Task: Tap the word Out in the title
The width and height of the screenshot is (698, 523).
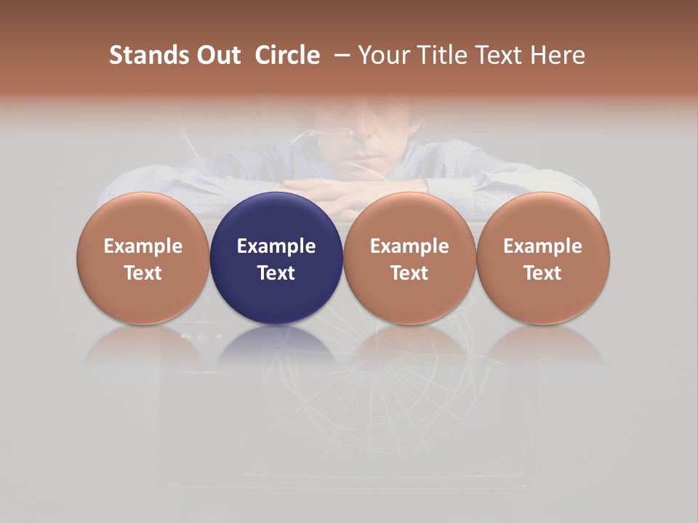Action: tap(217, 55)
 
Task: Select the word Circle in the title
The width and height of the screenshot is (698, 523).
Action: tap(287, 55)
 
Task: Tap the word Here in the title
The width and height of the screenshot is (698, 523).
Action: tap(558, 55)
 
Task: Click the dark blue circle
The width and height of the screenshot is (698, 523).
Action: tap(276, 259)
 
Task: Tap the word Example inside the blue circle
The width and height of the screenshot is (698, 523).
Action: tap(276, 246)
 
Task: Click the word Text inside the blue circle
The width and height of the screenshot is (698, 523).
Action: tap(276, 273)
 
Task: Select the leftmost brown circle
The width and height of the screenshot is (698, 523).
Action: tap(143, 259)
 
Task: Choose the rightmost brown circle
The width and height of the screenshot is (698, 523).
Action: tap(543, 259)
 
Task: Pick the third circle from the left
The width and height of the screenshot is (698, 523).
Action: tap(409, 259)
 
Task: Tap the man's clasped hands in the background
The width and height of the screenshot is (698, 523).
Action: tap(349, 192)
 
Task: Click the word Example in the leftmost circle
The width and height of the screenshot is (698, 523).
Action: tap(143, 246)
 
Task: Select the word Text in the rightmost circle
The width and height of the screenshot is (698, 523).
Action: tap(543, 273)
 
